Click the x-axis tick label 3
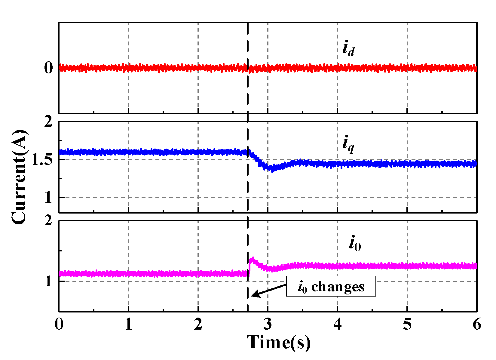pyautogui.click(x=268, y=325)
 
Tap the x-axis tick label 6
pyautogui.click(x=477, y=325)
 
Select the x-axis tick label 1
pyautogui.click(x=128, y=325)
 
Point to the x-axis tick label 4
pyautogui.click(x=337, y=325)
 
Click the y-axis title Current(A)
pyautogui.click(x=19, y=177)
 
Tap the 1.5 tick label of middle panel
pyautogui.click(x=42, y=159)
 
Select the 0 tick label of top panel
pyautogui.click(x=48, y=68)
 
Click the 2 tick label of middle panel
pyautogui.click(x=48, y=122)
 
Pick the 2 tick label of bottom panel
pyautogui.click(x=48, y=221)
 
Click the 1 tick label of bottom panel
pyautogui.click(x=48, y=282)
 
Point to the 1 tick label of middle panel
pyautogui.click(x=48, y=198)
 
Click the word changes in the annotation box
pyautogui.click(x=338, y=287)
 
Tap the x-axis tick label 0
pyautogui.click(x=59, y=325)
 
